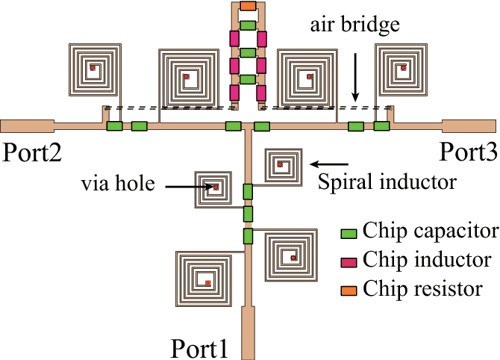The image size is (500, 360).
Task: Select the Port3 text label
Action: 467,151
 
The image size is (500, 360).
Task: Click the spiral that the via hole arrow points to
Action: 214,187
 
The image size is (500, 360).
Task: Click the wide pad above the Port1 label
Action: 246,322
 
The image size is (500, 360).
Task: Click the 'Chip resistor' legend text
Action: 423,291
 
